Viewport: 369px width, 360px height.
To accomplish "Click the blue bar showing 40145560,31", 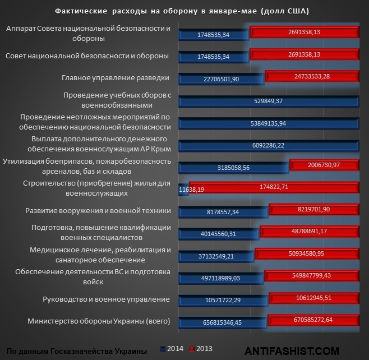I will [x=219, y=234].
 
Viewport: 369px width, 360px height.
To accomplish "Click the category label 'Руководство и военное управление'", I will [x=106, y=299].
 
